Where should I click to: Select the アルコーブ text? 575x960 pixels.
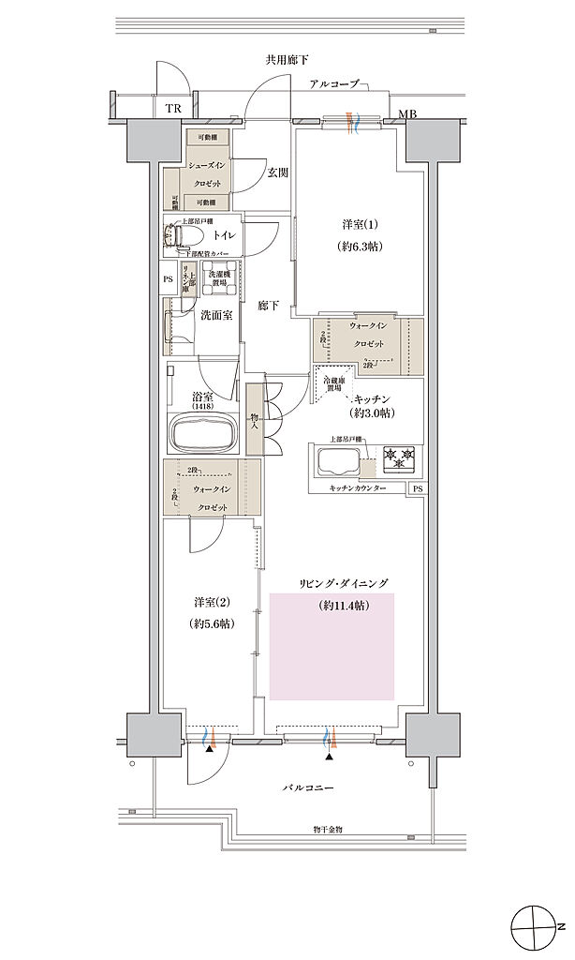[x=334, y=84]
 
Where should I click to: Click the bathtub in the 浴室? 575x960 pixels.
[x=204, y=434]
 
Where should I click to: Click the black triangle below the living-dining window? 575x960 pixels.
[x=329, y=756]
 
